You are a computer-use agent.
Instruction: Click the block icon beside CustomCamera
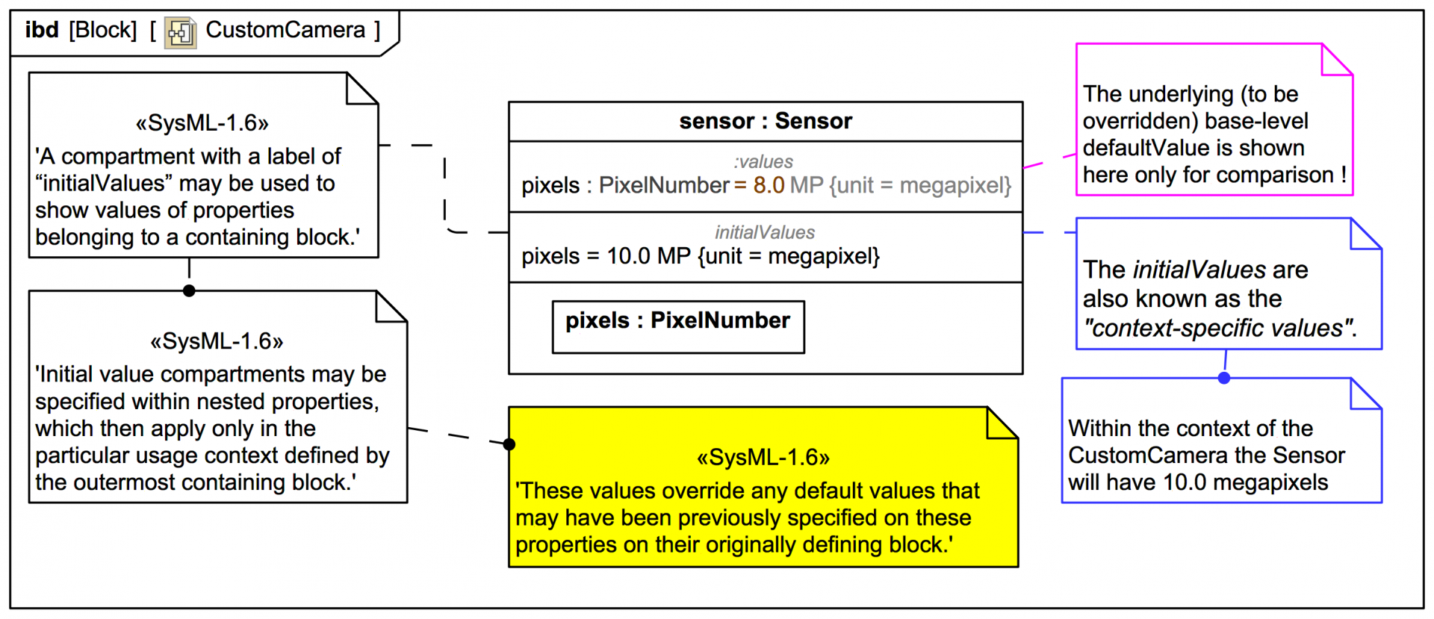[180, 33]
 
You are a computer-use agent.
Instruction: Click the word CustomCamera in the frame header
[285, 30]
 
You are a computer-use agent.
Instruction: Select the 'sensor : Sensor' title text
[765, 121]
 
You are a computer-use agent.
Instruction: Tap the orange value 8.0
[768, 185]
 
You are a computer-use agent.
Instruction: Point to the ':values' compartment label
[763, 161]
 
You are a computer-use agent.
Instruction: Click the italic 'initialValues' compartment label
[765, 232]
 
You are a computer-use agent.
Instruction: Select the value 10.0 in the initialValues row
[627, 256]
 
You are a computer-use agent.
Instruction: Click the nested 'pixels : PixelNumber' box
[677, 326]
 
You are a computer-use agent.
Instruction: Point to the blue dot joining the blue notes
[1223, 378]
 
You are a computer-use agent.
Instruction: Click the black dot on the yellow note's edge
[509, 444]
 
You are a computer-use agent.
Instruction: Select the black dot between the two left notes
[189, 290]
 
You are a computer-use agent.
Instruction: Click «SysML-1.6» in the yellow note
[763, 457]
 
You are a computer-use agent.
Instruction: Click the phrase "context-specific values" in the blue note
[1219, 328]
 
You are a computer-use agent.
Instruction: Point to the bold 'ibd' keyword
[42, 30]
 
